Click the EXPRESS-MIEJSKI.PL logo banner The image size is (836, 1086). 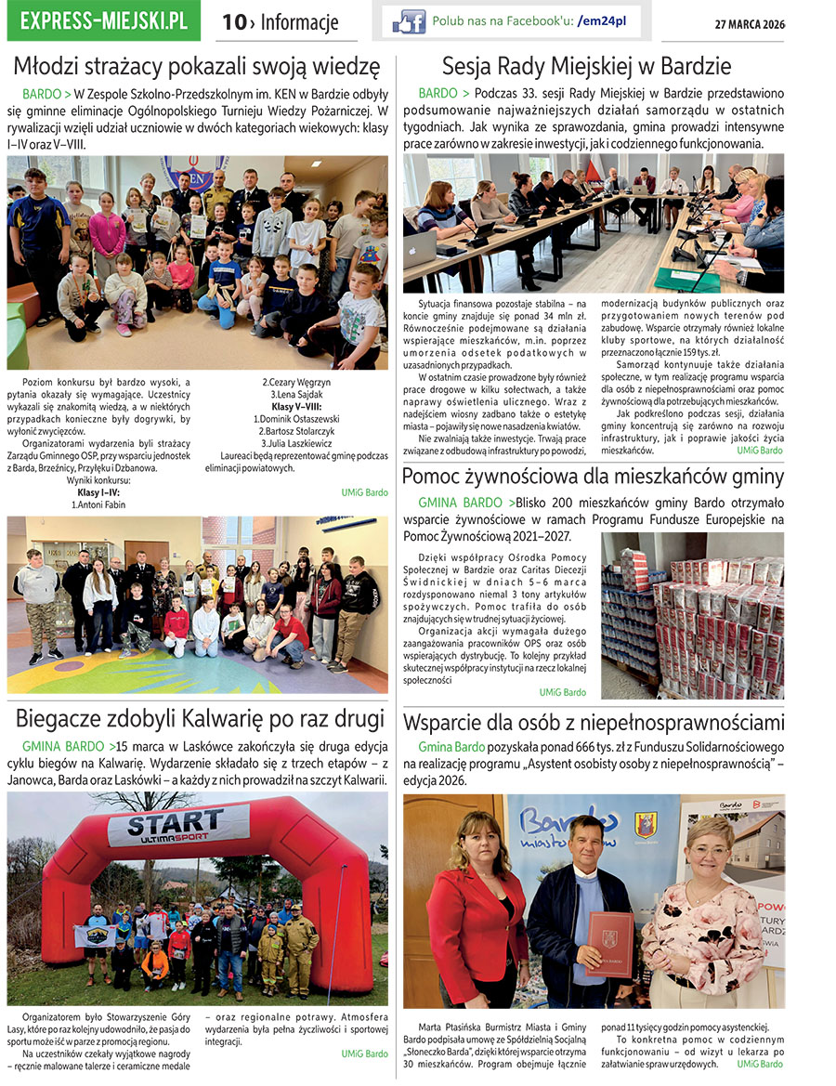pyautogui.click(x=103, y=20)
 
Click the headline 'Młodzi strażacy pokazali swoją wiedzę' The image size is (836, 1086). pyautogui.click(x=197, y=67)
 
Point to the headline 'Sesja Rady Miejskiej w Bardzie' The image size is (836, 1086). pyautogui.click(x=586, y=67)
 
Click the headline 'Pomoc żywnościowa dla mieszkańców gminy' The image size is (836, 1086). pyautogui.click(x=593, y=478)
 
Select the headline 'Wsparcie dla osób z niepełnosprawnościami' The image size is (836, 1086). pyautogui.click(x=593, y=723)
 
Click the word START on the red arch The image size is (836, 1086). pyautogui.click(x=176, y=823)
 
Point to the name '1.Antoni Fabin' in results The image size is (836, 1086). pyautogui.click(x=98, y=505)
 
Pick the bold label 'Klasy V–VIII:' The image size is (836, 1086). pyautogui.click(x=296, y=407)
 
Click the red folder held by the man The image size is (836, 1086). pyautogui.click(x=610, y=944)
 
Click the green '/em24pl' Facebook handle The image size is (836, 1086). pyautogui.click(x=601, y=20)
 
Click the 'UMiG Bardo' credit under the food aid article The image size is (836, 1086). pyautogui.click(x=562, y=692)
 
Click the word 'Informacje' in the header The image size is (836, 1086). pyautogui.click(x=299, y=22)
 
